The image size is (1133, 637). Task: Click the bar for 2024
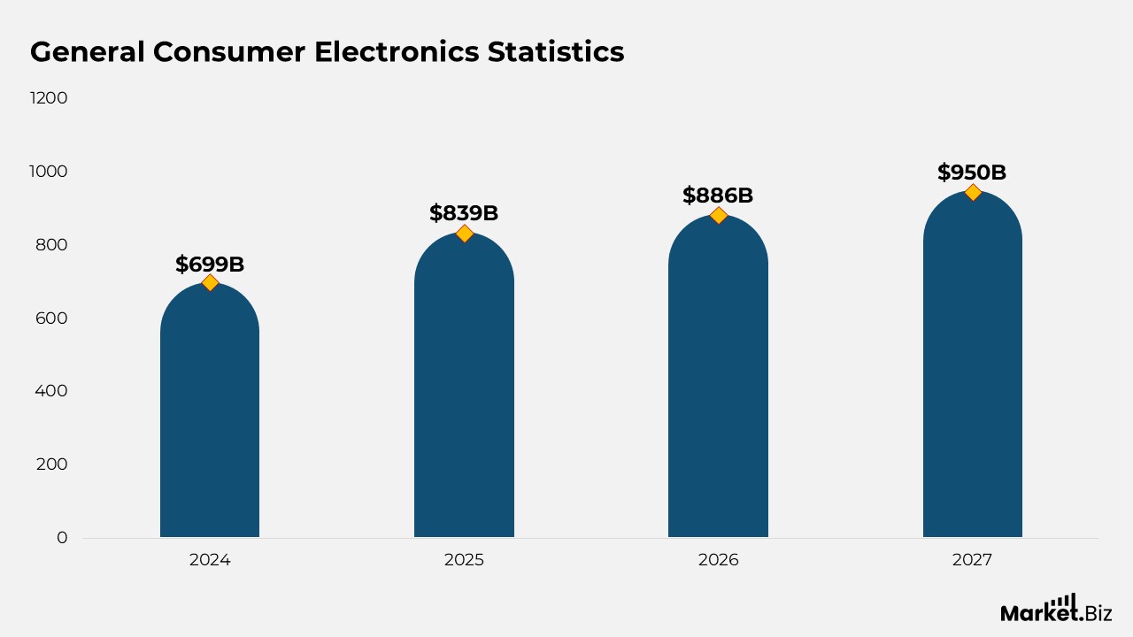click(x=210, y=416)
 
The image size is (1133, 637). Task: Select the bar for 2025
click(x=464, y=389)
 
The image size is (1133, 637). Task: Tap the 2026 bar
click(x=718, y=380)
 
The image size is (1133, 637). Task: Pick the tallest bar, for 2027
click(x=972, y=372)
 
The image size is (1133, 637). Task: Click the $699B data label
click(x=210, y=264)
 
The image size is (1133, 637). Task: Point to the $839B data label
click(x=464, y=213)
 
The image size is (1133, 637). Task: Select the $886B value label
click(x=718, y=196)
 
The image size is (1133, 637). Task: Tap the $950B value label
click(x=972, y=173)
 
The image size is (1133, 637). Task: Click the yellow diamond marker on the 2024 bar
click(x=210, y=282)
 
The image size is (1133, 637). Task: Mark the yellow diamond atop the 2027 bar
click(x=973, y=192)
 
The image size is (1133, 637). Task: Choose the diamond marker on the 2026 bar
click(x=718, y=215)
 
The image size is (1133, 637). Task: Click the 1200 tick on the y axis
click(x=49, y=98)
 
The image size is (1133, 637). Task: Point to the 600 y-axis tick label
click(x=51, y=318)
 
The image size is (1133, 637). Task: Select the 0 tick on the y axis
click(x=62, y=537)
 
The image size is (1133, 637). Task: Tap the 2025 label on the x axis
click(x=464, y=560)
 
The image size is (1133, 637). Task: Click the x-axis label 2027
click(x=972, y=560)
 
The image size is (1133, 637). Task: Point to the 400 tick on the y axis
click(x=51, y=391)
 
